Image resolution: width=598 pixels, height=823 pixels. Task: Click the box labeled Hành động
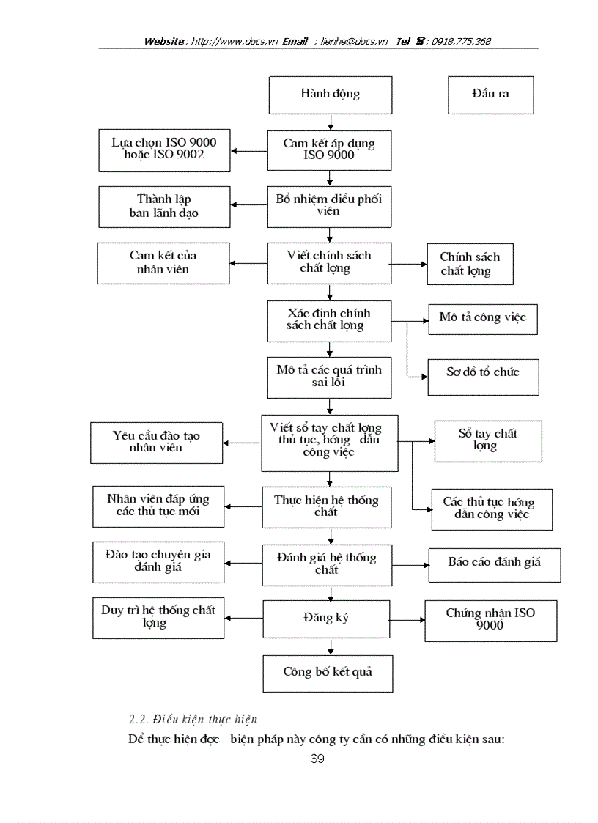tap(330, 94)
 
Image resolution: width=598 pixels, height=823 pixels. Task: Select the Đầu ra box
tap(490, 95)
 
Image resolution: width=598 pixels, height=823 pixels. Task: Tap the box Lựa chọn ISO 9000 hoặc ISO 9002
tap(164, 150)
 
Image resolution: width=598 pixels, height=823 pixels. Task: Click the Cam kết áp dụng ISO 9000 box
tap(329, 150)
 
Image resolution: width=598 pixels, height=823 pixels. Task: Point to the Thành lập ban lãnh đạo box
tap(164, 207)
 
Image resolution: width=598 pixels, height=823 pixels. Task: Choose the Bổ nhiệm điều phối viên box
tap(329, 206)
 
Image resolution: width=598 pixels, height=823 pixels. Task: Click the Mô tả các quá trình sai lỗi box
tap(329, 377)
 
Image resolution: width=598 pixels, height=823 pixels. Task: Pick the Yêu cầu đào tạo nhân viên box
tap(156, 443)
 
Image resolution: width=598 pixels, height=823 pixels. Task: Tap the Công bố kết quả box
tap(328, 672)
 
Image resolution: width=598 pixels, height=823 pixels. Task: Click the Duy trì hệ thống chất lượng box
tap(158, 617)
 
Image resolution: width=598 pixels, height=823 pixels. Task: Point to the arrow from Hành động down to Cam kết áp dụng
tap(331, 121)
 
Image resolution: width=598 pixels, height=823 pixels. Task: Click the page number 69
tap(317, 759)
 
